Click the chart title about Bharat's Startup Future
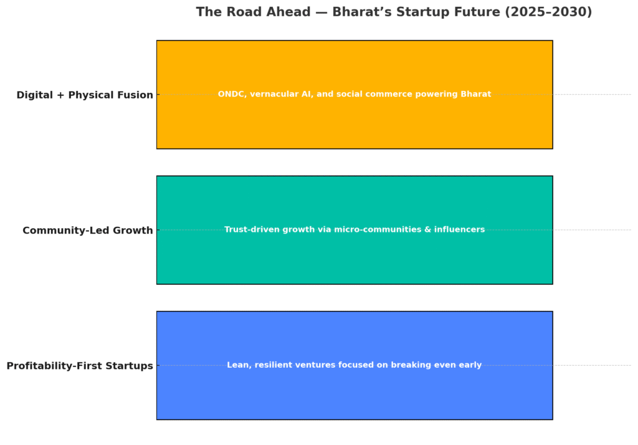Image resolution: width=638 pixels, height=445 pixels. point(394,12)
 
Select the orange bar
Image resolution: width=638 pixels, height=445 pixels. point(355,95)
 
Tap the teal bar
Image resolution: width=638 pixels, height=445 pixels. point(355,230)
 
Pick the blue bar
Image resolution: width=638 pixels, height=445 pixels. point(355,365)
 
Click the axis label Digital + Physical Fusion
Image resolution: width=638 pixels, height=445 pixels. point(85,95)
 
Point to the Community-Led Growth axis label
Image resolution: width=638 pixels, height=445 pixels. point(87,231)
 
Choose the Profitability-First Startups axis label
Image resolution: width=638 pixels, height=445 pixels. point(80,366)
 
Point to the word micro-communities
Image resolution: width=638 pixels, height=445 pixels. point(378,229)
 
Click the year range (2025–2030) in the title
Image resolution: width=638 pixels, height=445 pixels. point(548,12)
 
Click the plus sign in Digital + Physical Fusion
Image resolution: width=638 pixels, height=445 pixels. point(60,95)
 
